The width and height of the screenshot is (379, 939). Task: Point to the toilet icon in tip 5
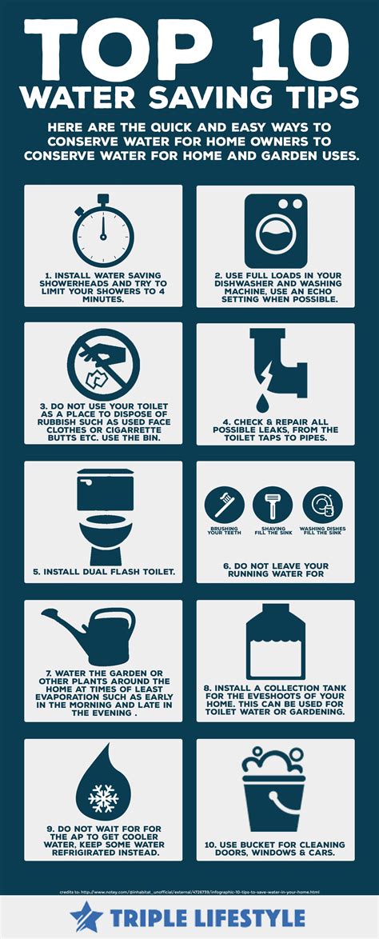click(x=103, y=516)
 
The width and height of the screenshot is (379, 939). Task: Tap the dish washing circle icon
click(x=322, y=505)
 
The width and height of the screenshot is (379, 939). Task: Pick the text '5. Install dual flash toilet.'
click(x=103, y=572)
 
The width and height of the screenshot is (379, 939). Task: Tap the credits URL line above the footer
click(x=189, y=890)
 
